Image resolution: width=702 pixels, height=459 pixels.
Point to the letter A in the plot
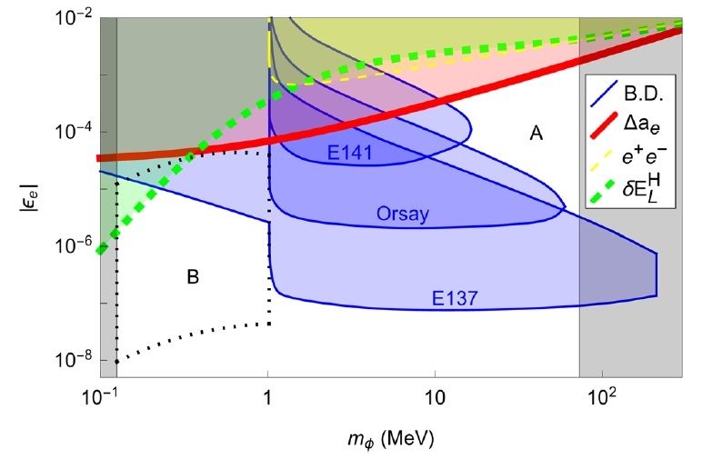click(537, 135)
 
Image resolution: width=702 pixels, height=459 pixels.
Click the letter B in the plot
click(193, 275)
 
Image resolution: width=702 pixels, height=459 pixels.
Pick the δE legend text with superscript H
click(647, 195)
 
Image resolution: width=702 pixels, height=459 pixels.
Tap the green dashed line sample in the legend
click(605, 195)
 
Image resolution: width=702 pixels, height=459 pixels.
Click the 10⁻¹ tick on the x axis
click(99, 397)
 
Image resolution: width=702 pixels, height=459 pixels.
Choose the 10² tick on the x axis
click(601, 397)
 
